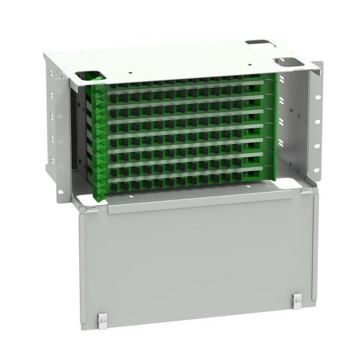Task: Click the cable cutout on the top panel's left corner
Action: click(90, 77)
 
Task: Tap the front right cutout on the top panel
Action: click(287, 61)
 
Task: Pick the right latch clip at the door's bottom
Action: click(297, 302)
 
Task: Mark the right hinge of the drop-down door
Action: click(306, 191)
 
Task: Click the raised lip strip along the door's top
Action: click(198, 201)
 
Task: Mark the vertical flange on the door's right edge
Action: click(315, 252)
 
